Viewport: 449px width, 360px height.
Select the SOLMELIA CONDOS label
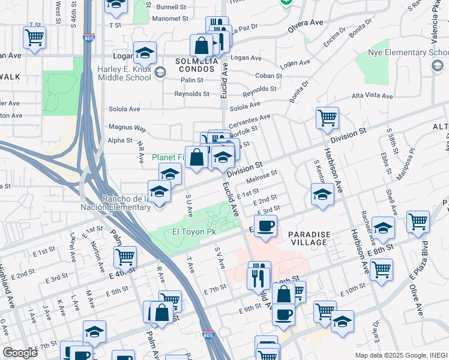click(x=194, y=65)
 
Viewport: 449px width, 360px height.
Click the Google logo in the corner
click(x=20, y=353)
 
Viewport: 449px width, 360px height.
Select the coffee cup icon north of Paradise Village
click(x=265, y=226)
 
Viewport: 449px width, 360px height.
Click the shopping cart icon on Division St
click(x=327, y=118)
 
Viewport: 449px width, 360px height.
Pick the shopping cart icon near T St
click(x=34, y=38)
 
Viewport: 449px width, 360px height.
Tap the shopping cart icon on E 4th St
click(x=125, y=257)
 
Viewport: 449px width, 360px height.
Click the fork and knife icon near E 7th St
click(x=259, y=276)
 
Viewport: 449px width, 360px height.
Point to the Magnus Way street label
click(x=127, y=128)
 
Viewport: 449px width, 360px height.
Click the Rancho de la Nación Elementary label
click(x=126, y=203)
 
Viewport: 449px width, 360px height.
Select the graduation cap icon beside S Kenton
click(x=322, y=194)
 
